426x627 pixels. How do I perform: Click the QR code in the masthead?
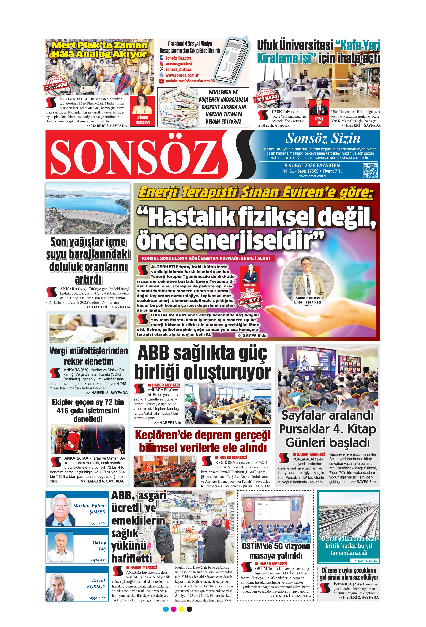click(370, 170)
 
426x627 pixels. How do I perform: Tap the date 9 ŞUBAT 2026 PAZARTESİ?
click(312, 165)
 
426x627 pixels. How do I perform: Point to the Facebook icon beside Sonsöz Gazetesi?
click(162, 58)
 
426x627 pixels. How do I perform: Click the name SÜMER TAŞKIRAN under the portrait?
click(142, 119)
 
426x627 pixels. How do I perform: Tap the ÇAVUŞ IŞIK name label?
click(319, 121)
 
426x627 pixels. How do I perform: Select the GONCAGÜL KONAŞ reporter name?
click(250, 287)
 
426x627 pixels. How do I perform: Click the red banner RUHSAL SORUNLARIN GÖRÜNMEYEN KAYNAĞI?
click(206, 258)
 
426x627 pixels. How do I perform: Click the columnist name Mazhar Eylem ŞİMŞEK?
click(89, 508)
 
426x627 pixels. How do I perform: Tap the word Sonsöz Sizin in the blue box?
click(323, 138)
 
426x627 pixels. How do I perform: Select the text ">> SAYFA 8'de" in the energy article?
click(251, 335)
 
